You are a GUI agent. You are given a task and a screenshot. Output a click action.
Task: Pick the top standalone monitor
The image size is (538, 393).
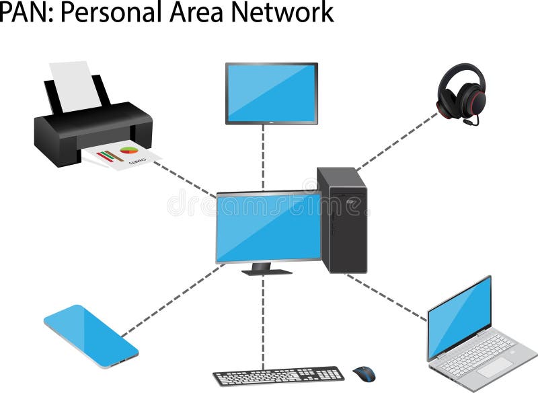click(x=271, y=93)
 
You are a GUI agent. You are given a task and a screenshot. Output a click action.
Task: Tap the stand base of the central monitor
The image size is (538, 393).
click(x=267, y=271)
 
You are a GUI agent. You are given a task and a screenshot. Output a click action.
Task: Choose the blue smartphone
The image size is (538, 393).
click(x=91, y=336)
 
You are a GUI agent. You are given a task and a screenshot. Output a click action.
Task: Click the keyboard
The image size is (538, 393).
click(x=278, y=376)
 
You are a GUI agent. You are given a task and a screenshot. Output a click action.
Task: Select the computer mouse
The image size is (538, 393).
click(x=364, y=373)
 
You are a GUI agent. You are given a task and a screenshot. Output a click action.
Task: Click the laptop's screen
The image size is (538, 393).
click(x=460, y=317)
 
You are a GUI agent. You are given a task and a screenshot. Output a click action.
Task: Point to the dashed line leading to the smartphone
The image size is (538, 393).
click(x=171, y=300)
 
